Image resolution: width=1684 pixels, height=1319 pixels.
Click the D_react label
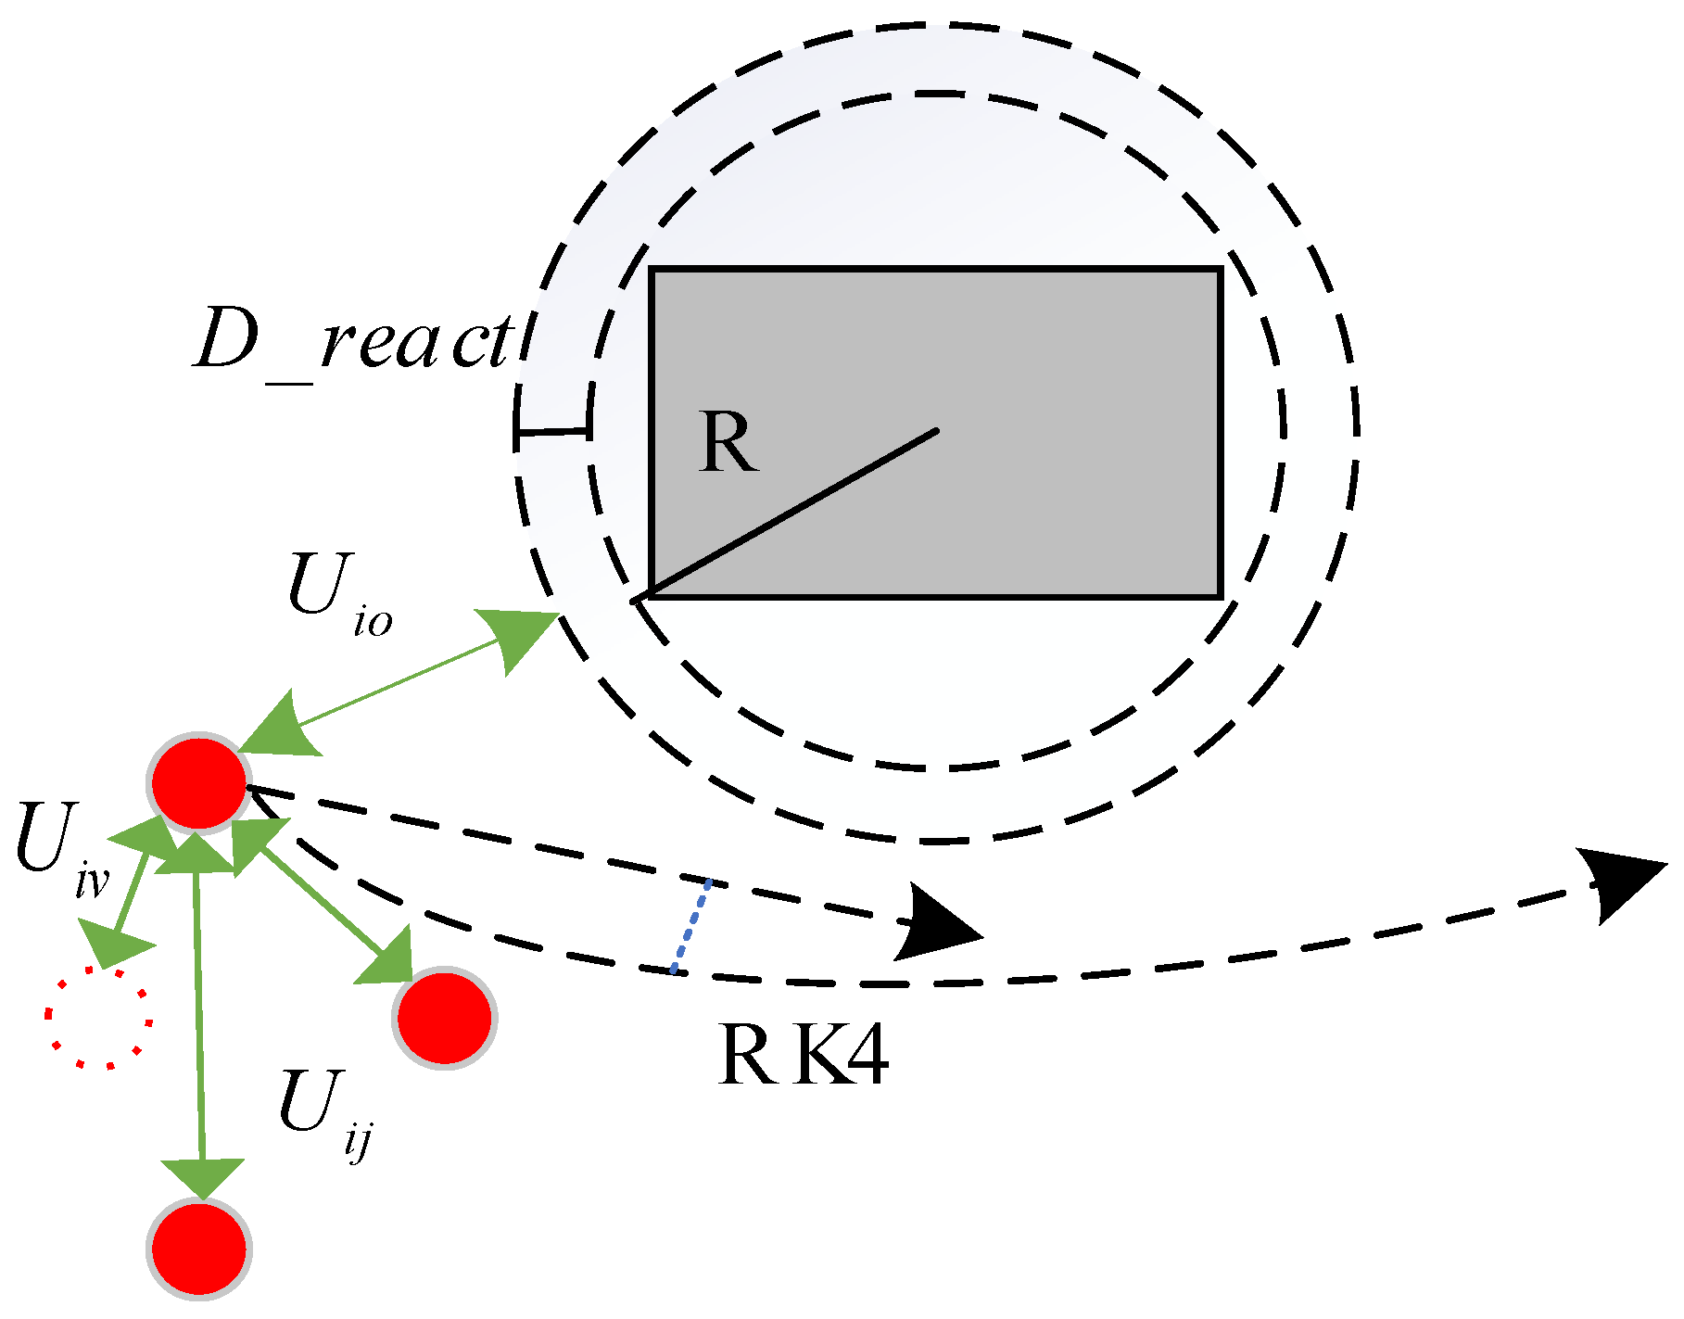pos(352,341)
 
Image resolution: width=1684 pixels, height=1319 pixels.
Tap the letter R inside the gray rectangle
pos(728,443)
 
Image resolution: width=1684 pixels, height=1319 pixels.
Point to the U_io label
pos(339,593)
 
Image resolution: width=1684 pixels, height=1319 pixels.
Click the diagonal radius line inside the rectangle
pos(788,515)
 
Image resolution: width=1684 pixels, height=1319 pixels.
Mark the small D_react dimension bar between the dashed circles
pos(553,431)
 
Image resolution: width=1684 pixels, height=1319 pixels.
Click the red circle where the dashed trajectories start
pos(199,783)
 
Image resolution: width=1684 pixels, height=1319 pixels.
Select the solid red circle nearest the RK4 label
pos(445,1017)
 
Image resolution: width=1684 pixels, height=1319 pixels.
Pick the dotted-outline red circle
pos(98,1018)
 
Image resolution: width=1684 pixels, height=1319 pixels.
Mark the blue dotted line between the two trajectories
pos(691,926)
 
